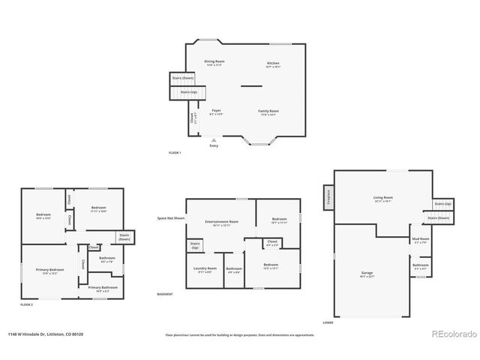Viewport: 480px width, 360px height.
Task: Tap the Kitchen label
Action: pos(273,64)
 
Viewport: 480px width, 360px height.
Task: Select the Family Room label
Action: pos(268,112)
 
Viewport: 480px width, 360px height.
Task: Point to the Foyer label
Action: pos(215,112)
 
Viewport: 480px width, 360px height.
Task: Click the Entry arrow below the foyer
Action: pos(214,140)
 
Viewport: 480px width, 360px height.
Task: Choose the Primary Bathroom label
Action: pos(103,288)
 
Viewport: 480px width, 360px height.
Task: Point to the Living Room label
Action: pos(383,199)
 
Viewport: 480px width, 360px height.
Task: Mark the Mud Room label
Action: pos(420,239)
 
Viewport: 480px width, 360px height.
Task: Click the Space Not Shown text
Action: pos(171,218)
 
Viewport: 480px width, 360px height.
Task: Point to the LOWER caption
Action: pos(328,323)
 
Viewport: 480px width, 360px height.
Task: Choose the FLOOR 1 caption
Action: pos(175,152)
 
